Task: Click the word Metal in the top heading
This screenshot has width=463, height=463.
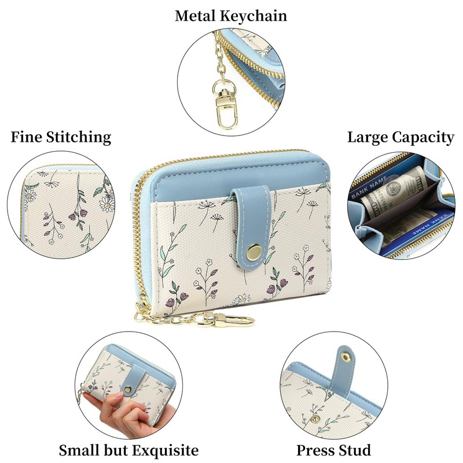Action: click(195, 16)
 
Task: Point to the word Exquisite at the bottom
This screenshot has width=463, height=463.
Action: click(165, 450)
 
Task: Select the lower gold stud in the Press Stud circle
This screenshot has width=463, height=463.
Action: click(314, 418)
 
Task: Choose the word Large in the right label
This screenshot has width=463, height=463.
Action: click(368, 138)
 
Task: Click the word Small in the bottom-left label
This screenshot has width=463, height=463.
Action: click(79, 450)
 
